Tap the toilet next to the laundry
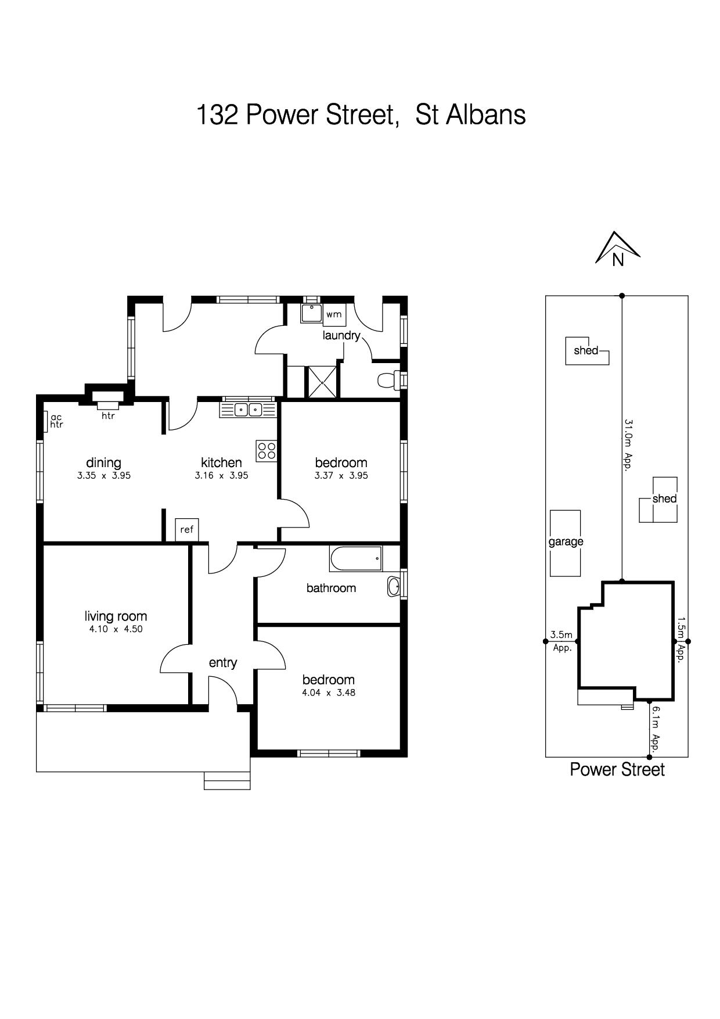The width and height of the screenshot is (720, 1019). coord(388,381)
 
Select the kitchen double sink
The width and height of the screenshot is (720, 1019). coord(248,410)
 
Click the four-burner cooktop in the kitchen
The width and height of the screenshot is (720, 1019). coord(267,450)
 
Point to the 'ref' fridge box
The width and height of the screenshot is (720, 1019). coord(187,530)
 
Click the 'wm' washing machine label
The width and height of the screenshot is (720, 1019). coord(333,314)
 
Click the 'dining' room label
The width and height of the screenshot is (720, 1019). coord(104,462)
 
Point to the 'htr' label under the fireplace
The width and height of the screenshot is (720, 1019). coord(109,416)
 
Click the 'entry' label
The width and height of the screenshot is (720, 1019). coord(223,663)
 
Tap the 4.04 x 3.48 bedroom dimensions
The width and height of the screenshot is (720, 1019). coord(329,693)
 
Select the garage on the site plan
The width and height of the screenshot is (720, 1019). coord(566,543)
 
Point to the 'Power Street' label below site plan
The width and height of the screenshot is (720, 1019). coord(617,769)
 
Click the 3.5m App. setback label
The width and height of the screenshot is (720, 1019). coord(562,641)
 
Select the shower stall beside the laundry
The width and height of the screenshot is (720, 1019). coord(322,382)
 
